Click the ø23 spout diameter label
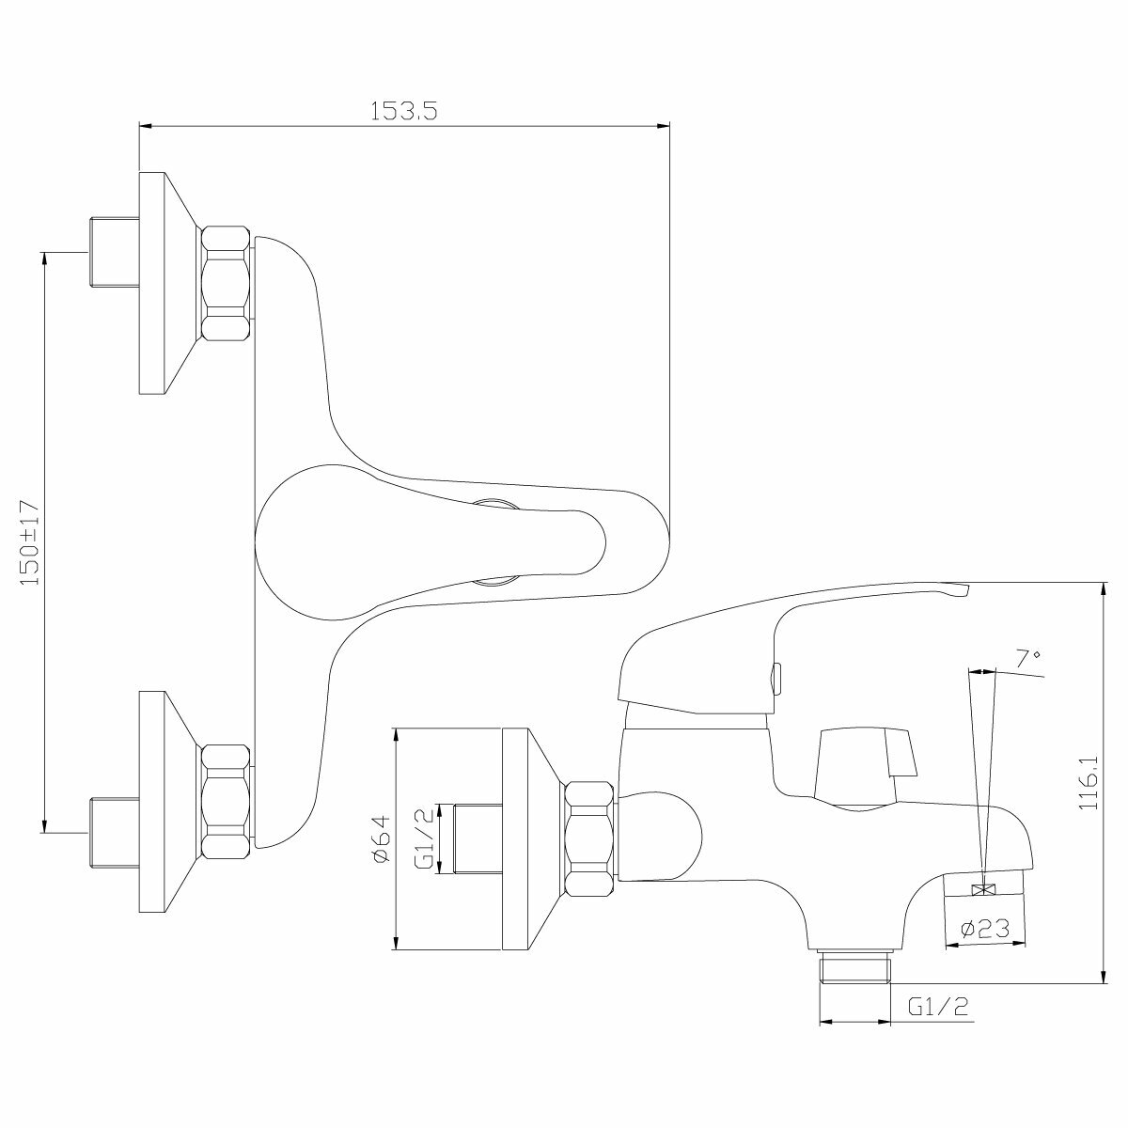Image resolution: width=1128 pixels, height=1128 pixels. point(985,930)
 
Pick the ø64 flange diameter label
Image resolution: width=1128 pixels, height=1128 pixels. point(380,839)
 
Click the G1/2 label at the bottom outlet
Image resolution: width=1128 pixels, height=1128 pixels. point(938,1008)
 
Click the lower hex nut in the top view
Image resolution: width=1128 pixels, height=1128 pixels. point(227,801)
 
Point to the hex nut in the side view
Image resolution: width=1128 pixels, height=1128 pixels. point(590,839)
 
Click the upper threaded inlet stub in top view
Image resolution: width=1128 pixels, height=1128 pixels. point(112,253)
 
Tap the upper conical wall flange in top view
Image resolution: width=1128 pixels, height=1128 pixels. point(164,284)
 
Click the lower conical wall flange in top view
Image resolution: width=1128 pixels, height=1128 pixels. point(164,802)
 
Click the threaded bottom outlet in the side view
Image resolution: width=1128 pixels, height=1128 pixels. point(854,968)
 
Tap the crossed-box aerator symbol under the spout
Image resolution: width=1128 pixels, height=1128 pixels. point(984,890)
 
